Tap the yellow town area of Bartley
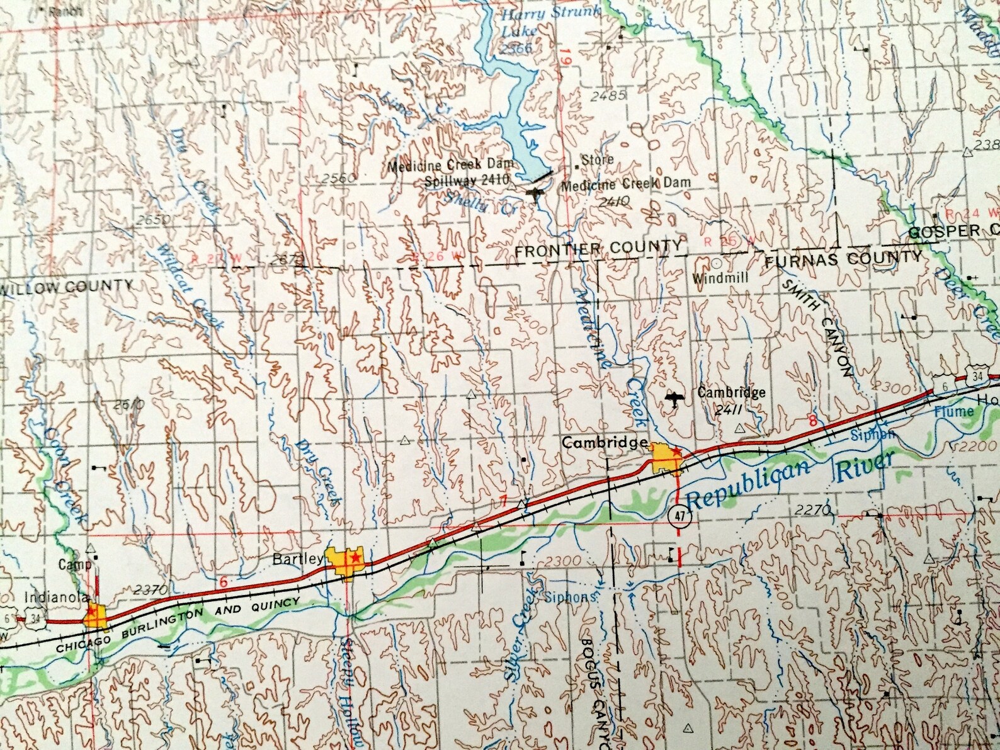(x=344, y=561)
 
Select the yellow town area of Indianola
(x=97, y=615)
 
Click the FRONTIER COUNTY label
(x=598, y=247)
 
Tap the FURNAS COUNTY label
(x=843, y=258)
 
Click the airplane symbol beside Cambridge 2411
(x=674, y=399)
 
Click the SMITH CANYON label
(x=819, y=329)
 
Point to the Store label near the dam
(x=596, y=160)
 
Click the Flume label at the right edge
(x=953, y=412)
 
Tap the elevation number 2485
(x=609, y=96)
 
